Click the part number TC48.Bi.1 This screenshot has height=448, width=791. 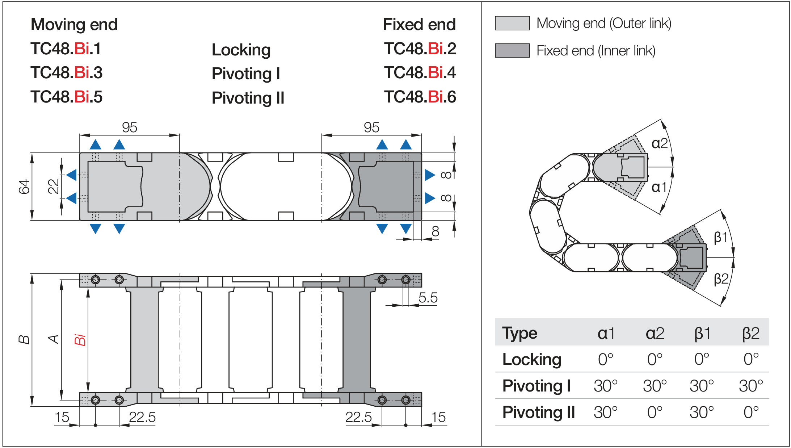(66, 49)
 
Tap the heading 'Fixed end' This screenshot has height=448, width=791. (419, 25)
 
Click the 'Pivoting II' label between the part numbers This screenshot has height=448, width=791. (248, 98)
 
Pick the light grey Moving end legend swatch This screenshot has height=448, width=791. (512, 23)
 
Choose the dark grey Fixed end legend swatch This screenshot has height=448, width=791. (512, 51)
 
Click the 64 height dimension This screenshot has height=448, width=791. (24, 187)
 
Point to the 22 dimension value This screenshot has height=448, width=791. (54, 186)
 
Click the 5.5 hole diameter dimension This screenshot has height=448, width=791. (428, 298)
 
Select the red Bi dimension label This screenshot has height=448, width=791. (80, 339)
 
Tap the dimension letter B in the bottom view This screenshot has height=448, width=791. (24, 339)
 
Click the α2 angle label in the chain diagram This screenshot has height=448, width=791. (659, 143)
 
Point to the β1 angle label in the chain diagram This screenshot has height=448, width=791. (720, 238)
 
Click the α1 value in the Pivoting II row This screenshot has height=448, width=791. (605, 412)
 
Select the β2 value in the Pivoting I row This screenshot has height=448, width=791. (751, 386)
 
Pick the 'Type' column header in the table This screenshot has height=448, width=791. (519, 333)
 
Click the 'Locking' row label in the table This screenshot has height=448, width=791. (532, 359)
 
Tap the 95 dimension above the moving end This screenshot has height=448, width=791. (129, 127)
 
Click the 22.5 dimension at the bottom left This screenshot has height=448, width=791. (142, 417)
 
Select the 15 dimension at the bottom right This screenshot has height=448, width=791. (438, 417)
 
